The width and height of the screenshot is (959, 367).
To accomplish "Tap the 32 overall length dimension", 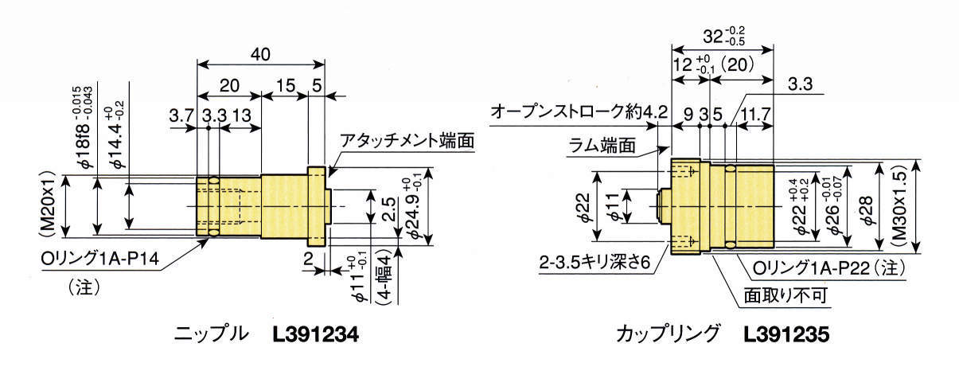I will click(719, 37).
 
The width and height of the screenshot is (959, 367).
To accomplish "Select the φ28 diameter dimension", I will click(865, 209).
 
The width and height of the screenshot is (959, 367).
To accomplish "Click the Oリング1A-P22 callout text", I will click(824, 267).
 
